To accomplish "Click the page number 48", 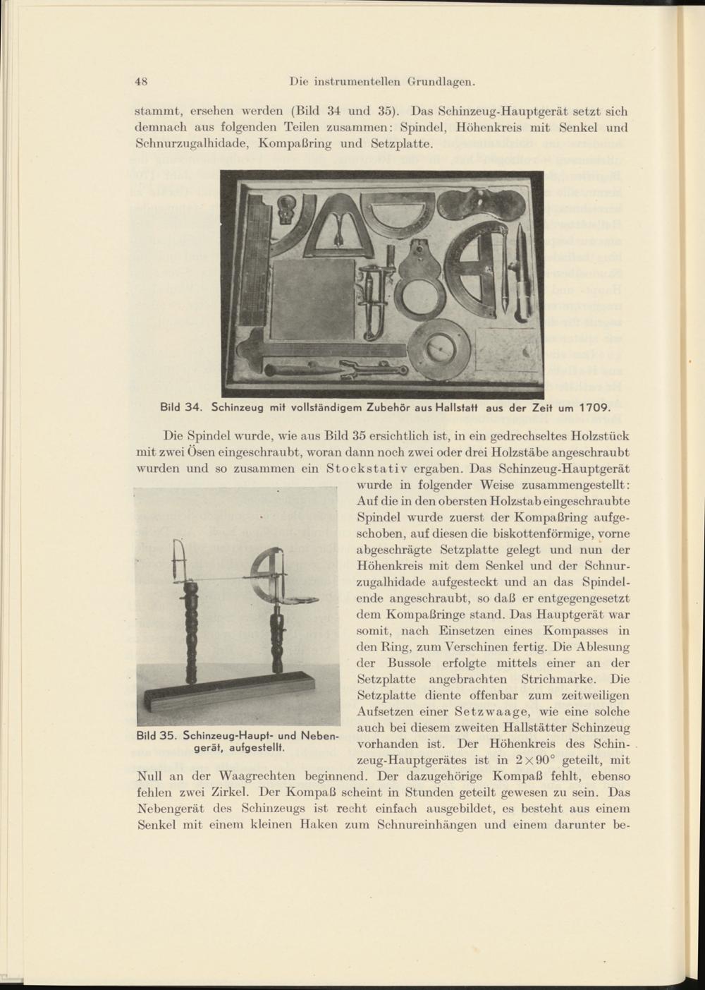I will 140,81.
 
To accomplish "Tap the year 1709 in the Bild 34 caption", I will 589,407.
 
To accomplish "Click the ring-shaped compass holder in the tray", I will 417,291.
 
